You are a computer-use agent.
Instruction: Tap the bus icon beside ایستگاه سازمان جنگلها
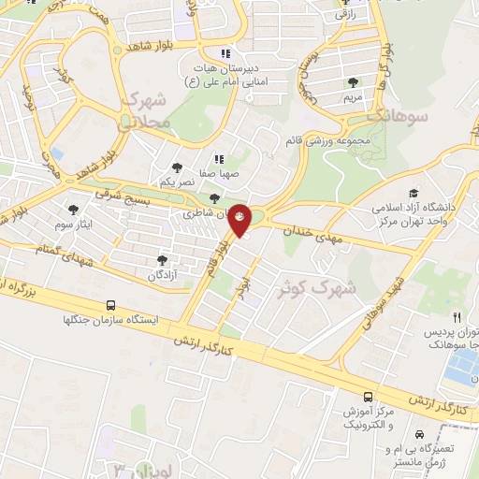pyautogui.click(x=111, y=305)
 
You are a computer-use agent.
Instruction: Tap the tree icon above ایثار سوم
pyautogui.click(x=74, y=210)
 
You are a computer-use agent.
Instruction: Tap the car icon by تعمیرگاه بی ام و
pyautogui.click(x=420, y=435)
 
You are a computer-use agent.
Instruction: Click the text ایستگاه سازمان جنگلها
pyautogui.click(x=109, y=319)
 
